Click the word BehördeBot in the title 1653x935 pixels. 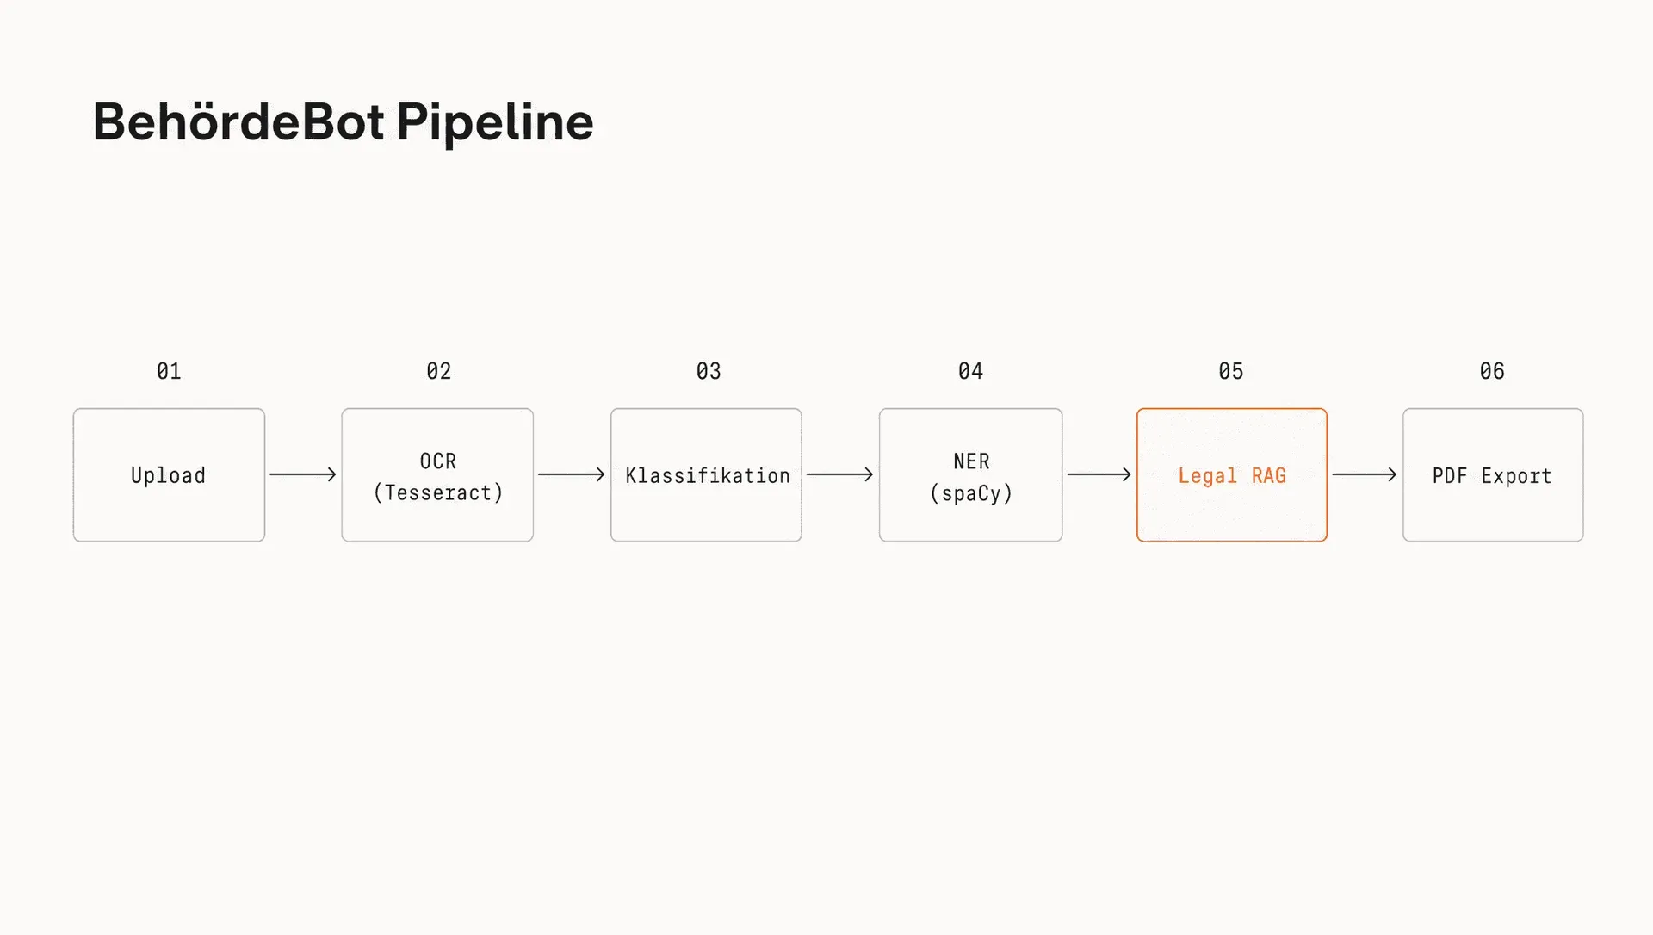click(238, 121)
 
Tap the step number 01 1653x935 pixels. click(169, 371)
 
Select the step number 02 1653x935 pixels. click(438, 371)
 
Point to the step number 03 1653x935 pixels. click(709, 371)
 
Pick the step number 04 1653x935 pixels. click(970, 371)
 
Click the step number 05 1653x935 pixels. click(1231, 371)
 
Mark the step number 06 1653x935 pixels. click(1492, 371)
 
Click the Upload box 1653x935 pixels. click(169, 475)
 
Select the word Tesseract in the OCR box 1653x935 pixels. click(438, 492)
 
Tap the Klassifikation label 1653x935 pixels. click(708, 475)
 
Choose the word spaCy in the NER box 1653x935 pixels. click(971, 494)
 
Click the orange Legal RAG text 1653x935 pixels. click(1232, 476)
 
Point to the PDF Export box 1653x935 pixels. click(1493, 475)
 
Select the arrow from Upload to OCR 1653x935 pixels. click(303, 474)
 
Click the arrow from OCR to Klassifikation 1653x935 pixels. click(572, 474)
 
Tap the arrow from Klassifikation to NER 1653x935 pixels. click(840, 474)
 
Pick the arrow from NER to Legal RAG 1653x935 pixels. click(1099, 474)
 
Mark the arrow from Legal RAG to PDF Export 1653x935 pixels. click(1365, 474)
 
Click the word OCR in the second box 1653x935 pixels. click(438, 461)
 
